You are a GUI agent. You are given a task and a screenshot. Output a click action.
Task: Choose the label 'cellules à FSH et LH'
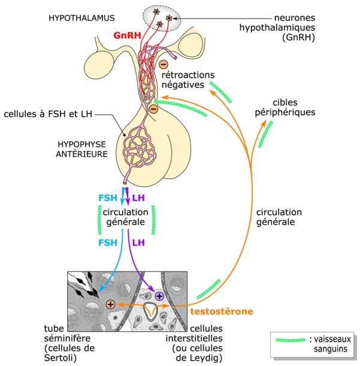click(x=47, y=113)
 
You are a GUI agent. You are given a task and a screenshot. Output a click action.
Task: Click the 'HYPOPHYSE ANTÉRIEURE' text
click(x=82, y=149)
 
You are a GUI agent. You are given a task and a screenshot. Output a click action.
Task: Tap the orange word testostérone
click(x=222, y=311)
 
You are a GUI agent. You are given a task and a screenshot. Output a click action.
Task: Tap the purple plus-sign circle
click(x=159, y=296)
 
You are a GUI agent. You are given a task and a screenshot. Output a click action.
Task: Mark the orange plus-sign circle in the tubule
click(x=111, y=305)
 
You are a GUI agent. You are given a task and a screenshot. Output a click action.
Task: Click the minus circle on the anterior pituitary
click(x=154, y=109)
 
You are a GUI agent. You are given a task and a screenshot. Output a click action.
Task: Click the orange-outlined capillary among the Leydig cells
click(x=152, y=311)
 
